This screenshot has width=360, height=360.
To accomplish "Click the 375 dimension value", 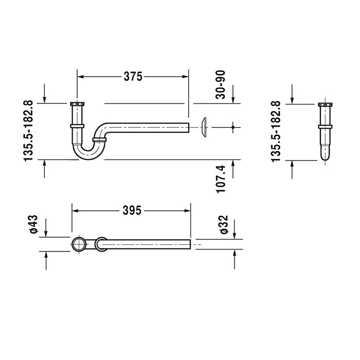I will point(133,76).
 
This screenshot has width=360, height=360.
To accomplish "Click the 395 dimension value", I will point(133,210).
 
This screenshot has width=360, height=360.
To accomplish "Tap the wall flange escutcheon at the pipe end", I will point(205,127).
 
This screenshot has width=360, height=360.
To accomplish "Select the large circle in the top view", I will point(78,244).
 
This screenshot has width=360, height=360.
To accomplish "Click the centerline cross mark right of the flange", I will point(233,127).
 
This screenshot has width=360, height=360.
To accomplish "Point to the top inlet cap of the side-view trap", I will point(76,104).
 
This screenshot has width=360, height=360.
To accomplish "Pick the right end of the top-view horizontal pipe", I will point(190,244).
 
